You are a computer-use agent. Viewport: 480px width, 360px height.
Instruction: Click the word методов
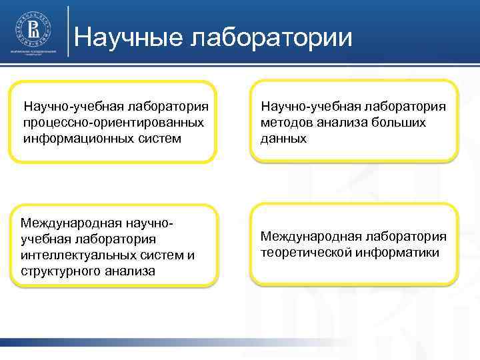click(287, 123)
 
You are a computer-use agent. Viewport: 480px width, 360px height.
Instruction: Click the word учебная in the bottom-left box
click(45, 239)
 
